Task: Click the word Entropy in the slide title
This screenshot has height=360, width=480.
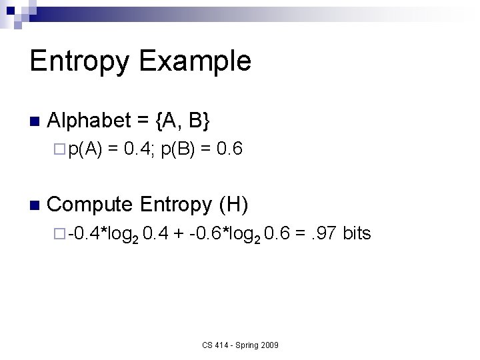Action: tap(79, 61)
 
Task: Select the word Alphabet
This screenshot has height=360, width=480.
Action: tap(89, 121)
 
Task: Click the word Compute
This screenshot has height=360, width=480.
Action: tap(91, 204)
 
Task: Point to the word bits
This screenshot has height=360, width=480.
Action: tap(357, 233)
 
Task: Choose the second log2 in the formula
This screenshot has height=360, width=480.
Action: tap(245, 234)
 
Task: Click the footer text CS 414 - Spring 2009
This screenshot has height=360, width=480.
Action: tap(240, 345)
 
